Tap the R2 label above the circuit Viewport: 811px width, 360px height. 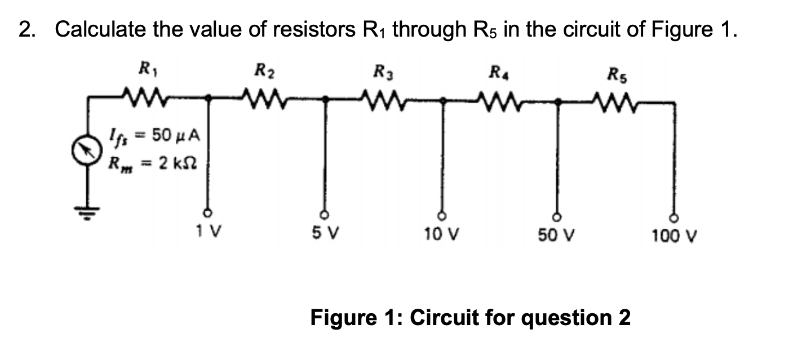263,72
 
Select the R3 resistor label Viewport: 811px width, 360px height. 382,72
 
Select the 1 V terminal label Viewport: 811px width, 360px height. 207,231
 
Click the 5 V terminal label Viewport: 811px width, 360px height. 323,232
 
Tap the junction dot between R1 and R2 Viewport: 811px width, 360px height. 208,98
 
